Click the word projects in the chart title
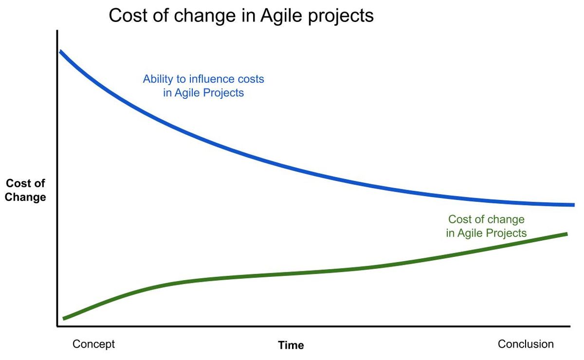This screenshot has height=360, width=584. [341, 16]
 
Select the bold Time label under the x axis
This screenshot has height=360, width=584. [291, 345]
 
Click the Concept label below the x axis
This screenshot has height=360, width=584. [93, 344]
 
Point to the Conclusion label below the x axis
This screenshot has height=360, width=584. [526, 344]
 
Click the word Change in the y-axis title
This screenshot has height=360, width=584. [25, 197]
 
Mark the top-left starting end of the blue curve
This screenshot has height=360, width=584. [60, 51]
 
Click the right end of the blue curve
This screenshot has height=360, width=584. [574, 205]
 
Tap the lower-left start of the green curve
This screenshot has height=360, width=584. [63, 319]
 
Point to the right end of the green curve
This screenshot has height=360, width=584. [567, 234]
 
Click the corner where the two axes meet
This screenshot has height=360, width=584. [57, 326]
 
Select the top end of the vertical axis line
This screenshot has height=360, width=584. [57, 31]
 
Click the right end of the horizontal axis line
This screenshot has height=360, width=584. [570, 326]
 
